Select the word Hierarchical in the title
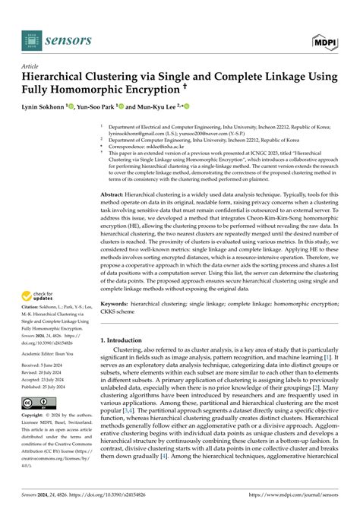click(61, 77)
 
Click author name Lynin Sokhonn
click(48, 108)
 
